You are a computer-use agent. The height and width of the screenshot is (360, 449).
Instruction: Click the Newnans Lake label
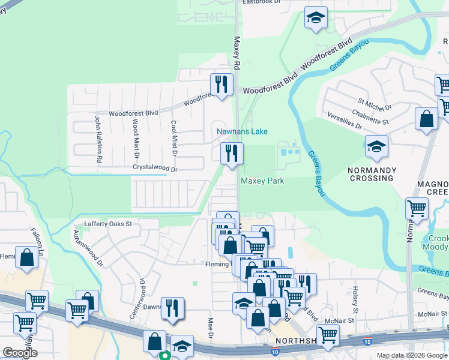[242, 131]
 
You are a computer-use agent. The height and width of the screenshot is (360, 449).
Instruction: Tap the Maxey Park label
[262, 181]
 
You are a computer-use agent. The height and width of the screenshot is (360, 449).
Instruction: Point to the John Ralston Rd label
[97, 139]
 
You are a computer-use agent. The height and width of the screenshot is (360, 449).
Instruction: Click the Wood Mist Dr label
[135, 139]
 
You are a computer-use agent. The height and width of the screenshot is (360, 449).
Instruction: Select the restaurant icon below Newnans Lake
[231, 154]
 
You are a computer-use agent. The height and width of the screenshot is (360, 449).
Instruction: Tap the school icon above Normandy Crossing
[376, 147]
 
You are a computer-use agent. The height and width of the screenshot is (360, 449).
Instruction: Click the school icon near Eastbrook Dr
[315, 18]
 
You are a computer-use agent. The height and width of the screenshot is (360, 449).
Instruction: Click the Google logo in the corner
[20, 352]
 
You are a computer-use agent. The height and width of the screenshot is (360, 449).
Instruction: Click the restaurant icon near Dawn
[173, 308]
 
